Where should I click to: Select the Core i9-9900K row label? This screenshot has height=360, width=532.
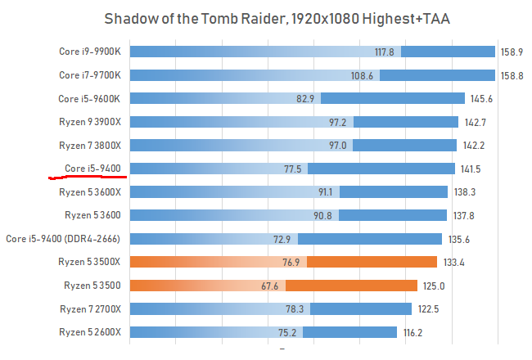point(89,52)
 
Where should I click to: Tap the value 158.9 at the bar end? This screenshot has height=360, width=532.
point(512,52)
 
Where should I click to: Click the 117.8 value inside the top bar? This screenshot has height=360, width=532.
point(385,52)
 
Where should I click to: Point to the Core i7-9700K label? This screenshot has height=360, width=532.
point(89,75)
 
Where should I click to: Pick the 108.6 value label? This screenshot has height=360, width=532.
point(362,75)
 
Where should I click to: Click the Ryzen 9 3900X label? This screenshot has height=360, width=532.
point(90,122)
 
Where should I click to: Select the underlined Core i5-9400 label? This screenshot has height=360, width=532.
point(92,169)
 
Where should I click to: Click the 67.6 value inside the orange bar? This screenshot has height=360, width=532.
point(270,286)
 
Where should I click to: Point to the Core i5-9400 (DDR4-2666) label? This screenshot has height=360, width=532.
point(63,239)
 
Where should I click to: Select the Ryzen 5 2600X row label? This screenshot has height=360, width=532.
point(90,332)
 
